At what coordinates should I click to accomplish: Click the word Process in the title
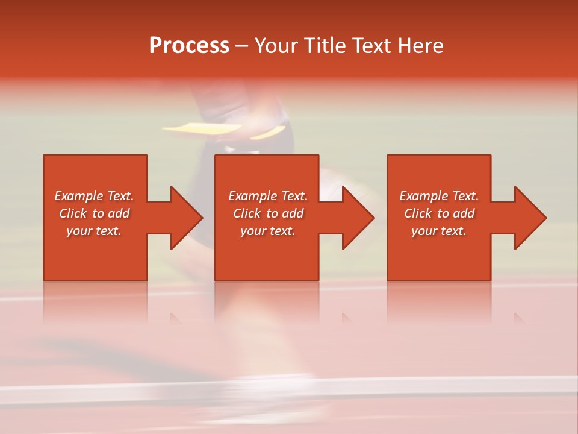[189, 46]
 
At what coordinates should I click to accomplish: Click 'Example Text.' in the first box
[94, 196]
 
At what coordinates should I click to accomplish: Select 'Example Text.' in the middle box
[268, 196]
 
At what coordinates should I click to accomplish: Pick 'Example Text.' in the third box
[439, 196]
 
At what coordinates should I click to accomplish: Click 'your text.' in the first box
[94, 231]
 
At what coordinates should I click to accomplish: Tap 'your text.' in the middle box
[268, 231]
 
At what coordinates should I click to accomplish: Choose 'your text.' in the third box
[439, 231]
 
